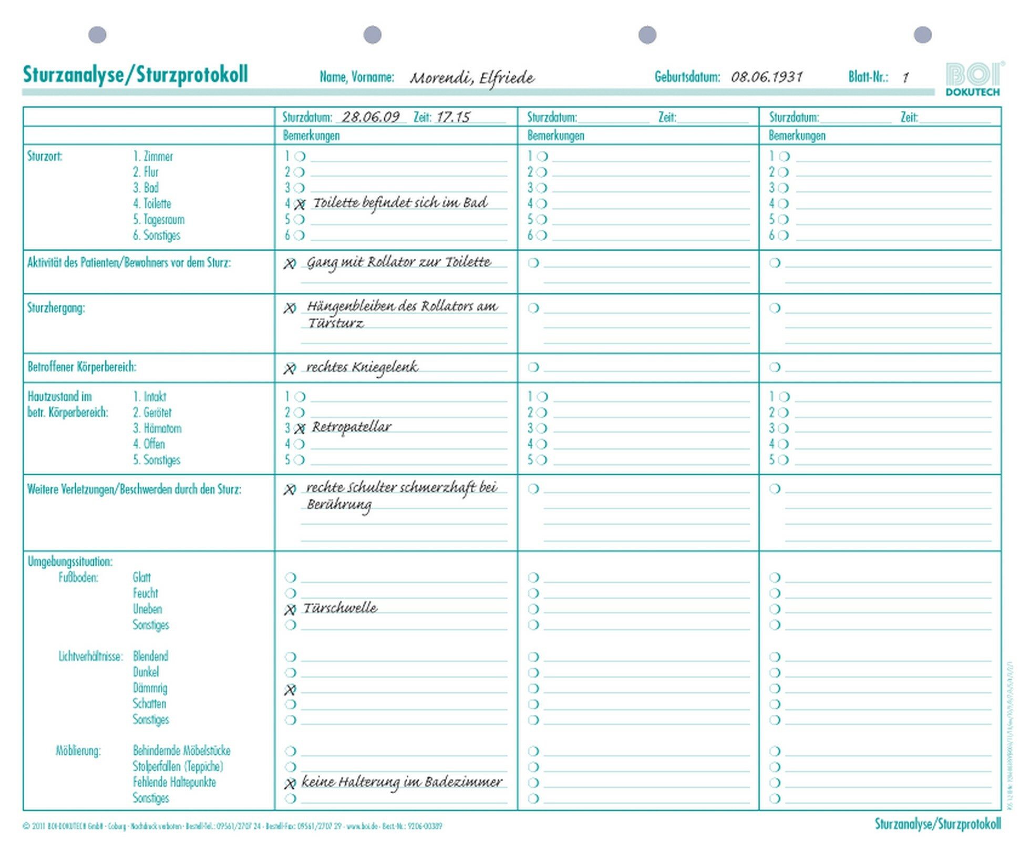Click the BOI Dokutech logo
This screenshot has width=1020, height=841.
tap(974, 79)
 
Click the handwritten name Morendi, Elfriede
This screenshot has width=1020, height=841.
tap(471, 78)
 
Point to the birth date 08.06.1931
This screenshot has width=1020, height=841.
tap(766, 77)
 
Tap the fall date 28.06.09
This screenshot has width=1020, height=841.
tap(370, 117)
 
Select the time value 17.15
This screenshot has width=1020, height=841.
tap(452, 117)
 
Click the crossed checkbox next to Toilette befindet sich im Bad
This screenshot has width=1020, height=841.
tap(300, 204)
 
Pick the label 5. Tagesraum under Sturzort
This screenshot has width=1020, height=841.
tap(158, 220)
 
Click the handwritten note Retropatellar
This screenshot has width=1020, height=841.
tap(351, 427)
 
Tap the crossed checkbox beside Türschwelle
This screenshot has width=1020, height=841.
tap(290, 610)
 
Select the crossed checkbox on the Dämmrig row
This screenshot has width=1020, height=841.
tap(290, 689)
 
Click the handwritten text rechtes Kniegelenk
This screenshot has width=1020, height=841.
tap(362, 367)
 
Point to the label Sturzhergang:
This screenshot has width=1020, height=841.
tap(56, 308)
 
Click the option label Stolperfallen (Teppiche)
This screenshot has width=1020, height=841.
tap(178, 766)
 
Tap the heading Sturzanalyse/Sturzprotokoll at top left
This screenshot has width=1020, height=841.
tap(135, 75)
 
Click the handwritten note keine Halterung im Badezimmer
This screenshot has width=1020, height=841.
tap(401, 782)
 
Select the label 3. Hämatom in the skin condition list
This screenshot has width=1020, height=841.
tap(157, 428)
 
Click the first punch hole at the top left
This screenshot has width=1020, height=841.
tap(97, 35)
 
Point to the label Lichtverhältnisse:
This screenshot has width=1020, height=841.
tap(90, 657)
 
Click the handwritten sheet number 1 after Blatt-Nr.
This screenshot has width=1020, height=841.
tap(905, 78)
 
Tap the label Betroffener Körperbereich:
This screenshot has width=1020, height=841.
tap(81, 367)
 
